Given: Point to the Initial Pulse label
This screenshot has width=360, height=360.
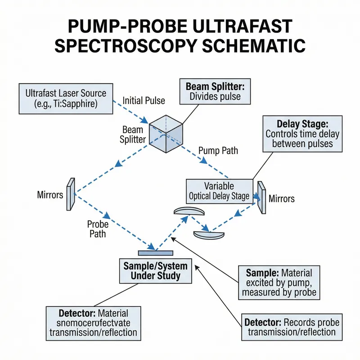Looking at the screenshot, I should [x=144, y=101].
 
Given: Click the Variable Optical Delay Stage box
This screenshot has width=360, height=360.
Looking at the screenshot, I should [x=219, y=191].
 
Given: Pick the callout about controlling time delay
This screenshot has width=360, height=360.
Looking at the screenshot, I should [x=302, y=134].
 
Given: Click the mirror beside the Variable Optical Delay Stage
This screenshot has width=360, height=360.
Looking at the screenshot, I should [x=261, y=197].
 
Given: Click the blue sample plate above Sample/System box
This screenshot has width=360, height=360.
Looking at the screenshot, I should [x=155, y=252].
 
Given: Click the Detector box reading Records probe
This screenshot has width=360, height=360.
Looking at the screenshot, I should [x=290, y=327].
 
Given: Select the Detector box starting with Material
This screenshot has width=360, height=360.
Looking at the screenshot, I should [x=94, y=323].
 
